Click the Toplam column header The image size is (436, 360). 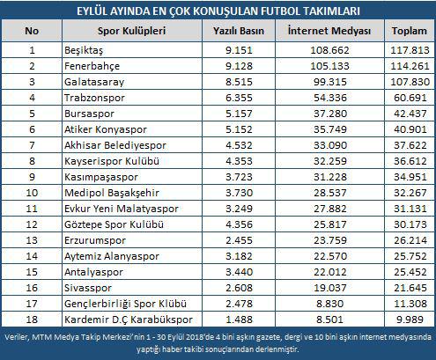click(409, 31)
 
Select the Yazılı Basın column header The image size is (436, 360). click(239, 31)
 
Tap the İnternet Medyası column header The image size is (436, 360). click(329, 31)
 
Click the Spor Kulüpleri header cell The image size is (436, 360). click(131, 31)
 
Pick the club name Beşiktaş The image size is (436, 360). click(84, 50)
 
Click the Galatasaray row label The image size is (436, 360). click(94, 82)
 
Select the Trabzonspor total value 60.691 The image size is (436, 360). click(410, 98)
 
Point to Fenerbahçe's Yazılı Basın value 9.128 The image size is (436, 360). click(239, 66)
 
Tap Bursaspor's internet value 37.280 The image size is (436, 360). click(330, 114)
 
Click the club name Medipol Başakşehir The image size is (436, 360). click(112, 193)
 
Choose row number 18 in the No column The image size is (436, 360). click(32, 320)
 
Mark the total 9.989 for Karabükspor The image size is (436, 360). click(410, 320)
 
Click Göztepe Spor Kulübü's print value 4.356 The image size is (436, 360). click(239, 224)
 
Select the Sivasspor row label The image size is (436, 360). click(88, 288)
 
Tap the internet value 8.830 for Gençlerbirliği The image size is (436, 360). click(330, 304)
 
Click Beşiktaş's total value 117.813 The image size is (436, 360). click(410, 50)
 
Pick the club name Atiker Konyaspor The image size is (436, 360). click(106, 129)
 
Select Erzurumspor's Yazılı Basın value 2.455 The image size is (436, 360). click(239, 240)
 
